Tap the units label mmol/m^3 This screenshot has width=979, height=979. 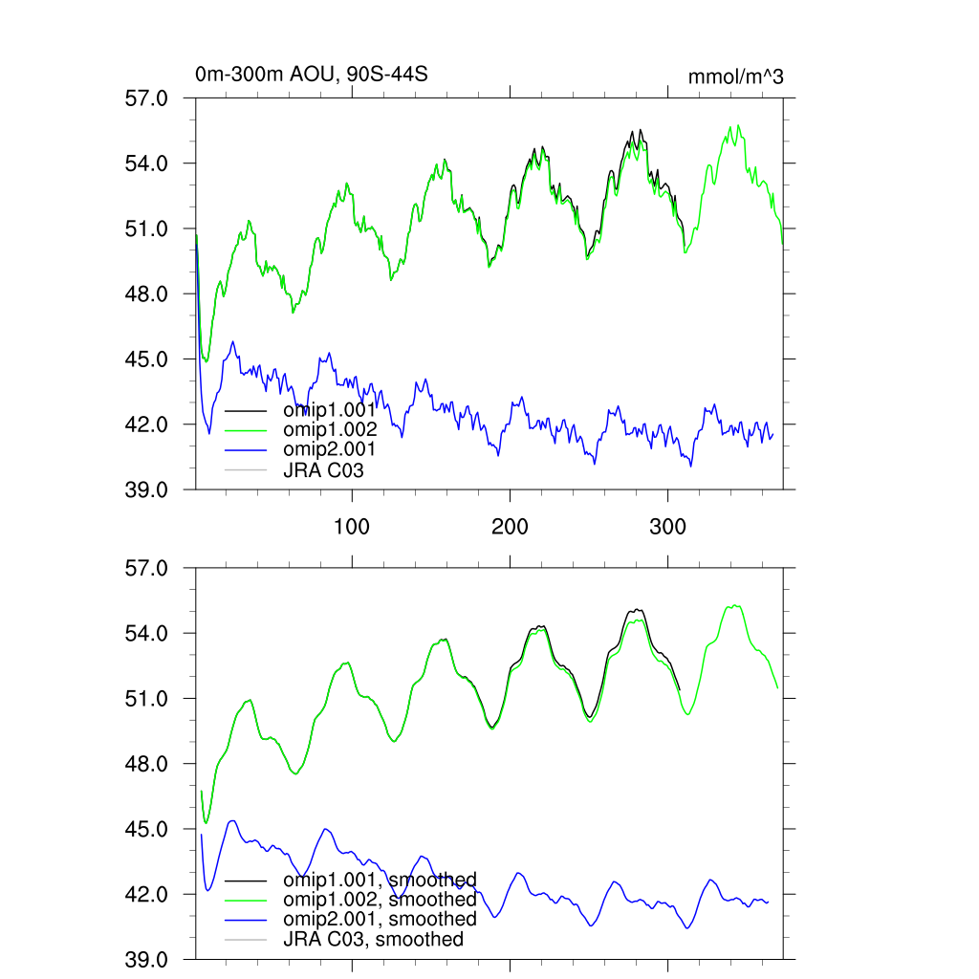(735, 76)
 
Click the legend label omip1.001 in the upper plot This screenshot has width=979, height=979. (330, 410)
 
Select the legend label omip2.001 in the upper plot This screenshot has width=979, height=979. (330, 448)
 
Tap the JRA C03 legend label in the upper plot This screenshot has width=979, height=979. (323, 469)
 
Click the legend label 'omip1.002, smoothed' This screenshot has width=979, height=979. (380, 900)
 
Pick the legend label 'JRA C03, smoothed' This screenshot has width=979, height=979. (373, 939)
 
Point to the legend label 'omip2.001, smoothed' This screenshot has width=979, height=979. (380, 919)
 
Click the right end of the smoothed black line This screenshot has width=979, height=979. (679, 688)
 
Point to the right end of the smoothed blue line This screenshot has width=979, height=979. (769, 902)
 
